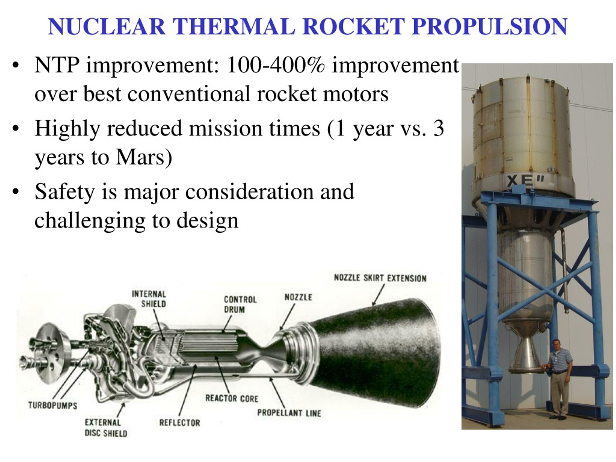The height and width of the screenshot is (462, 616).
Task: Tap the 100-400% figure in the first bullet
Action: tap(276, 65)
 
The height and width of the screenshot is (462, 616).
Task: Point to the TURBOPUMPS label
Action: tap(53, 405)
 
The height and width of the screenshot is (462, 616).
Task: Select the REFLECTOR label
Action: tap(180, 423)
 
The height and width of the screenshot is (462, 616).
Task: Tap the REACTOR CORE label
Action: tap(232, 398)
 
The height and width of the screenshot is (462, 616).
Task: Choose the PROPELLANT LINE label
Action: tap(289, 413)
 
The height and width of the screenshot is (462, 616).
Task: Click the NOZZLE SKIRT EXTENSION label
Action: tap(380, 278)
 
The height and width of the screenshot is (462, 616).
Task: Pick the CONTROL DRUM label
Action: tap(240, 304)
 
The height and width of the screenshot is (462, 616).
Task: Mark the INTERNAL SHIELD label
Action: tap(149, 299)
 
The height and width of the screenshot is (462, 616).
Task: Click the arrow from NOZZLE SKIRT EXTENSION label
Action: tap(379, 296)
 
